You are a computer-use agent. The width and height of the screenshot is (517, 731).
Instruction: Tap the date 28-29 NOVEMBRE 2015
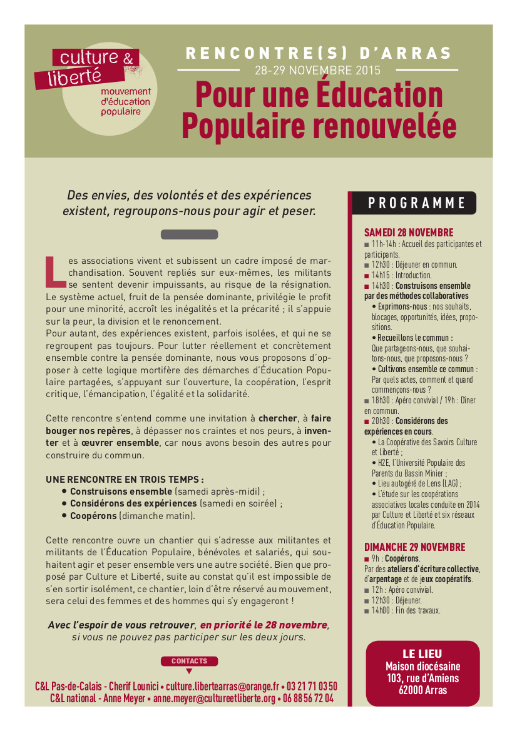point(317,70)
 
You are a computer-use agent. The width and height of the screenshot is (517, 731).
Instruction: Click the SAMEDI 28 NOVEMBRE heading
point(409,233)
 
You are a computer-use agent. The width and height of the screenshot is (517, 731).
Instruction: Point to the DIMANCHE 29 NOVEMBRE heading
point(414,547)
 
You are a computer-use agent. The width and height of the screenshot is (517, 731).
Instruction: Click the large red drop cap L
point(55,269)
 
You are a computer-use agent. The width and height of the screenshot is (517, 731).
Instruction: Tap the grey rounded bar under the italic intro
point(189,234)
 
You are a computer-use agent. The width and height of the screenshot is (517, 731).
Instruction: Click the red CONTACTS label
point(189,661)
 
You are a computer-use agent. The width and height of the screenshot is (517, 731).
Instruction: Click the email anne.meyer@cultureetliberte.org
point(215,698)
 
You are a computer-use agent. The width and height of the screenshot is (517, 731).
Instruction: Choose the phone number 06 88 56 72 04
point(308,698)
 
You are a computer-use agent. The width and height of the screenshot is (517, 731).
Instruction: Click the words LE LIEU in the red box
point(422,654)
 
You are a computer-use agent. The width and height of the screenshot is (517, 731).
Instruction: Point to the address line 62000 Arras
point(422,690)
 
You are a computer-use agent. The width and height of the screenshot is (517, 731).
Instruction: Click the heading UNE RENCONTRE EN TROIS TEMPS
point(125,480)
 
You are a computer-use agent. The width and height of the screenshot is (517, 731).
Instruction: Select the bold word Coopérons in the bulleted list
point(93,516)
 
